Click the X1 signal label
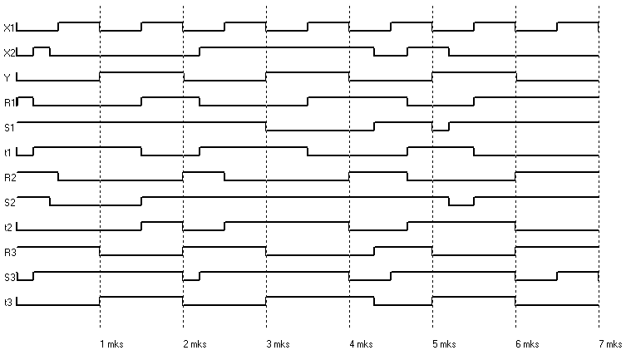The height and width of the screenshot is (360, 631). pos(9,27)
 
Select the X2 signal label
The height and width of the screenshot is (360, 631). pos(9,52)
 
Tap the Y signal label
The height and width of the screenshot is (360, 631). pos(7,77)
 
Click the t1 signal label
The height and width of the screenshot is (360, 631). pos(7,152)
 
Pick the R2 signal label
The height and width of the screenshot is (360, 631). pos(9,177)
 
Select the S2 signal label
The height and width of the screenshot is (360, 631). pos(9,202)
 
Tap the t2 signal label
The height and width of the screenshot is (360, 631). pos(7,227)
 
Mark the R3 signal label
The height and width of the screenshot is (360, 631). pos(9,252)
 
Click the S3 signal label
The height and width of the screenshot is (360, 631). pos(9,277)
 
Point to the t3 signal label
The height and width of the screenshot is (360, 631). pos(7,302)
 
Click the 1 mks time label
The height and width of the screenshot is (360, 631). pos(111,343)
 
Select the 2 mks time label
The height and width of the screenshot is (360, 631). pos(194,343)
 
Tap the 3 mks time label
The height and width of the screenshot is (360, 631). pos(277,343)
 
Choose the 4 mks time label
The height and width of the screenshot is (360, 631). pos(360,343)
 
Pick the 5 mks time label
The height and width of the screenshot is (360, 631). pos(443,343)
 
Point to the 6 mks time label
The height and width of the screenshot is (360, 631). pos(526,343)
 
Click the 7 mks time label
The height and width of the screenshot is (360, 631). pos(609,343)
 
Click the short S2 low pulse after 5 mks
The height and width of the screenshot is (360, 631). pos(461,204)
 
